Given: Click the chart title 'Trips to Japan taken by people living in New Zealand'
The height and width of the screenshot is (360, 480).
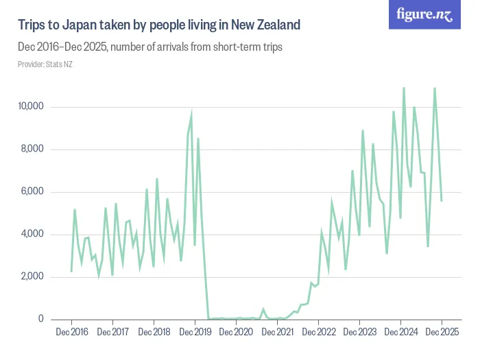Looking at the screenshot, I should point(159,25).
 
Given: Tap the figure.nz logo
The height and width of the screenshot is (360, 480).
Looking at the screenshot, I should point(425,15).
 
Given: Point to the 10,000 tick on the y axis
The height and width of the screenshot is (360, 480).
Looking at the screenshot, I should point(31,107).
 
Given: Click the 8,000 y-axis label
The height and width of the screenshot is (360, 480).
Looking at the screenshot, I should point(33,149).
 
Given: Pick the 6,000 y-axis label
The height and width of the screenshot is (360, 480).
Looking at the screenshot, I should point(33,192).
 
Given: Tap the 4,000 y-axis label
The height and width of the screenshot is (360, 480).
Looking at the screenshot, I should point(33,235).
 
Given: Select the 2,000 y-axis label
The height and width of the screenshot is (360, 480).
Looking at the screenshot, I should point(33,277).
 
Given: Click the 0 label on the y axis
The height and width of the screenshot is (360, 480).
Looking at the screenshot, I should point(41,320).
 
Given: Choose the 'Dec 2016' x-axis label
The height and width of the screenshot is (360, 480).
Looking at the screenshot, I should point(71,333).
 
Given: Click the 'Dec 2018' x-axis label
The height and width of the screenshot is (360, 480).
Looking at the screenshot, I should point(154,333).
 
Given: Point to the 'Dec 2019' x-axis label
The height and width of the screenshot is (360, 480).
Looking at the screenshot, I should point(195,333).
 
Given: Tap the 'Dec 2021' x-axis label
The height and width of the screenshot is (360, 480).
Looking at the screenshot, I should point(277,333).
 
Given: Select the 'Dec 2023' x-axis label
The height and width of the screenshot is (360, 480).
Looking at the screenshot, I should point(359,333).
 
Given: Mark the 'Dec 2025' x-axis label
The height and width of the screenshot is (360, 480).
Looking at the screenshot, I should point(442,333).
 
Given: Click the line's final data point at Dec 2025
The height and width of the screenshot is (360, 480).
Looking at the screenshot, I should point(442,200).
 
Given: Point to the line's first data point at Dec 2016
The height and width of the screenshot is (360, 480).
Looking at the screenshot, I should point(71,271).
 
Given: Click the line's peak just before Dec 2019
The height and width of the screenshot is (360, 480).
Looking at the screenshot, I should point(191,116).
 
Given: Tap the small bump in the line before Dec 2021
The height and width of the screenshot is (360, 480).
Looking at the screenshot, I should point(263,309).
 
